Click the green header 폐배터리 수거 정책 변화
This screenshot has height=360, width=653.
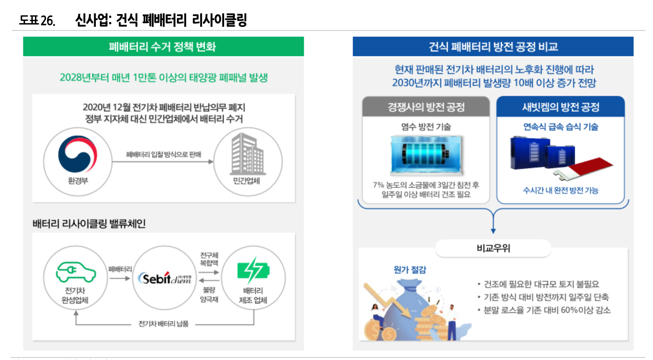(163, 47)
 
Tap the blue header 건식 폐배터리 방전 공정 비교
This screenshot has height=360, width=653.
(493, 47)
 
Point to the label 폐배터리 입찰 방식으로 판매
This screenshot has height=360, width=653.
(163, 155)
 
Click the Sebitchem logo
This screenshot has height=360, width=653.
(164, 277)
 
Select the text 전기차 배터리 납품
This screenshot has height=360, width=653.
(163, 324)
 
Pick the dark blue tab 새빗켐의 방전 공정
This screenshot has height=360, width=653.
(560, 107)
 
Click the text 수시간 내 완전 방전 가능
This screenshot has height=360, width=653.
(560, 190)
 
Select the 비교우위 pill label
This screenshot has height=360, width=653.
(493, 249)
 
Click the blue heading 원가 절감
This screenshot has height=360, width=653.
(410, 270)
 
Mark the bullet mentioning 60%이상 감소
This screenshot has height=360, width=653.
(544, 310)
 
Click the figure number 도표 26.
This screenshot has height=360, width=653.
(37, 20)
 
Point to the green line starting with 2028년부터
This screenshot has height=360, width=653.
(163, 77)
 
